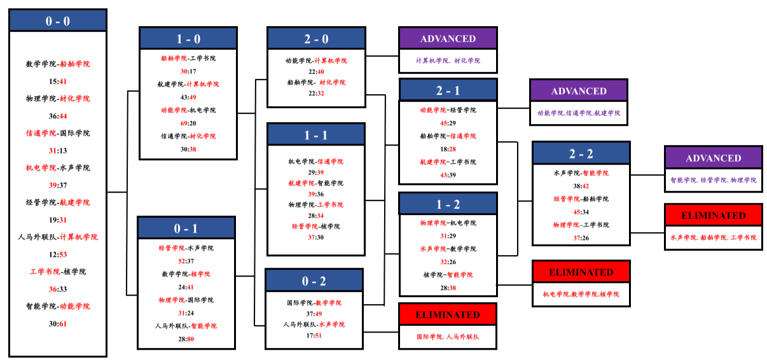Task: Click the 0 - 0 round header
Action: (58, 21)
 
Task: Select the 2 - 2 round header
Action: (581, 154)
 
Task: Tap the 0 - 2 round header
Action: (314, 281)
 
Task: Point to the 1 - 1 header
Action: (316, 135)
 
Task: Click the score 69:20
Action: (188, 123)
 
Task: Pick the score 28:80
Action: (186, 339)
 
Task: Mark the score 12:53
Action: (58, 254)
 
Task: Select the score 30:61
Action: (58, 324)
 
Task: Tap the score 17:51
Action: (314, 336)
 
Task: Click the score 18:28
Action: (448, 149)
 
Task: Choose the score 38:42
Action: (581, 186)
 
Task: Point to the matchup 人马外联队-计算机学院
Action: (58, 237)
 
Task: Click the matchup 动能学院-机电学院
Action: (188, 110)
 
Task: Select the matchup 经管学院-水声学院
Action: (186, 248)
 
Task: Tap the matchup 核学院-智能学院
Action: (448, 275)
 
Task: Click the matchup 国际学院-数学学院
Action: (314, 303)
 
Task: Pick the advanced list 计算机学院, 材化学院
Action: (448, 60)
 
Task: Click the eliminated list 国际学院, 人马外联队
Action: (448, 336)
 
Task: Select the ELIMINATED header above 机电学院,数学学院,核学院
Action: (581, 272)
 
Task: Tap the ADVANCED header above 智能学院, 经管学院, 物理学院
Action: (713, 158)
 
